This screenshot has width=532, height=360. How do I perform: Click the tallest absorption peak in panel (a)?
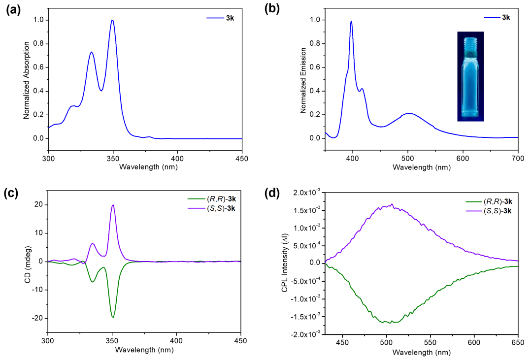113,20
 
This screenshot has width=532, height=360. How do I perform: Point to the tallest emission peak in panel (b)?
351,21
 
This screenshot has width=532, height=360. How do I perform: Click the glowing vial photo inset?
470,76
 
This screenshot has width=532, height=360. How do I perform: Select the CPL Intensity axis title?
285,262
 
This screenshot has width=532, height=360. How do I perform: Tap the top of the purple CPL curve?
392,204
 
